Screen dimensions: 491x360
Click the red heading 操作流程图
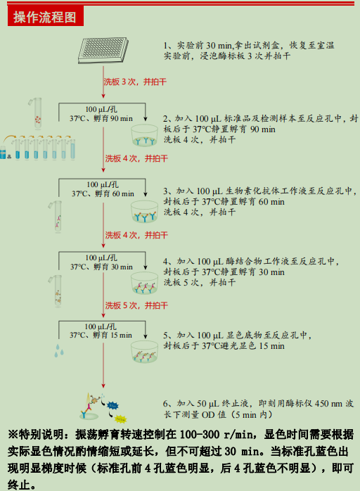click(46, 18)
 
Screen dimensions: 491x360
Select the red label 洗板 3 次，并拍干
click(135, 82)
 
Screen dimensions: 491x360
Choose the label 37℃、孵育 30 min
click(102, 267)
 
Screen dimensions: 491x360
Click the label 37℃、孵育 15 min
click(102, 335)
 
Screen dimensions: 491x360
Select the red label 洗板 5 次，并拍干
click(136, 305)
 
